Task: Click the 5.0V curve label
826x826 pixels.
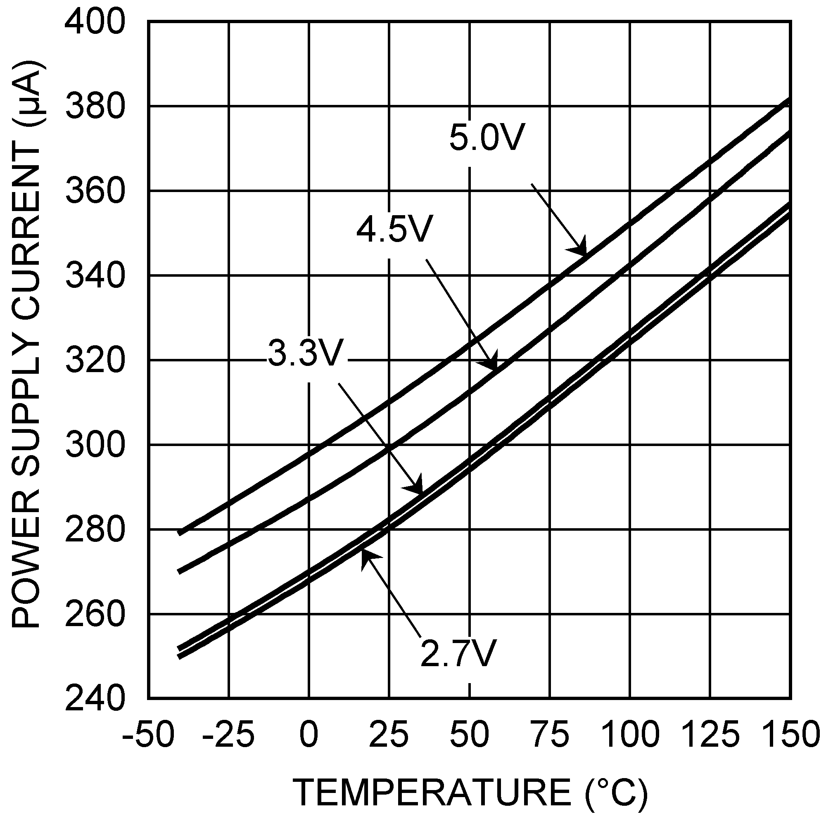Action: tap(487, 138)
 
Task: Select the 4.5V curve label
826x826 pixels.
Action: tap(394, 230)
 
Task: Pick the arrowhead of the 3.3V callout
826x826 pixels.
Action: tap(417, 487)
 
